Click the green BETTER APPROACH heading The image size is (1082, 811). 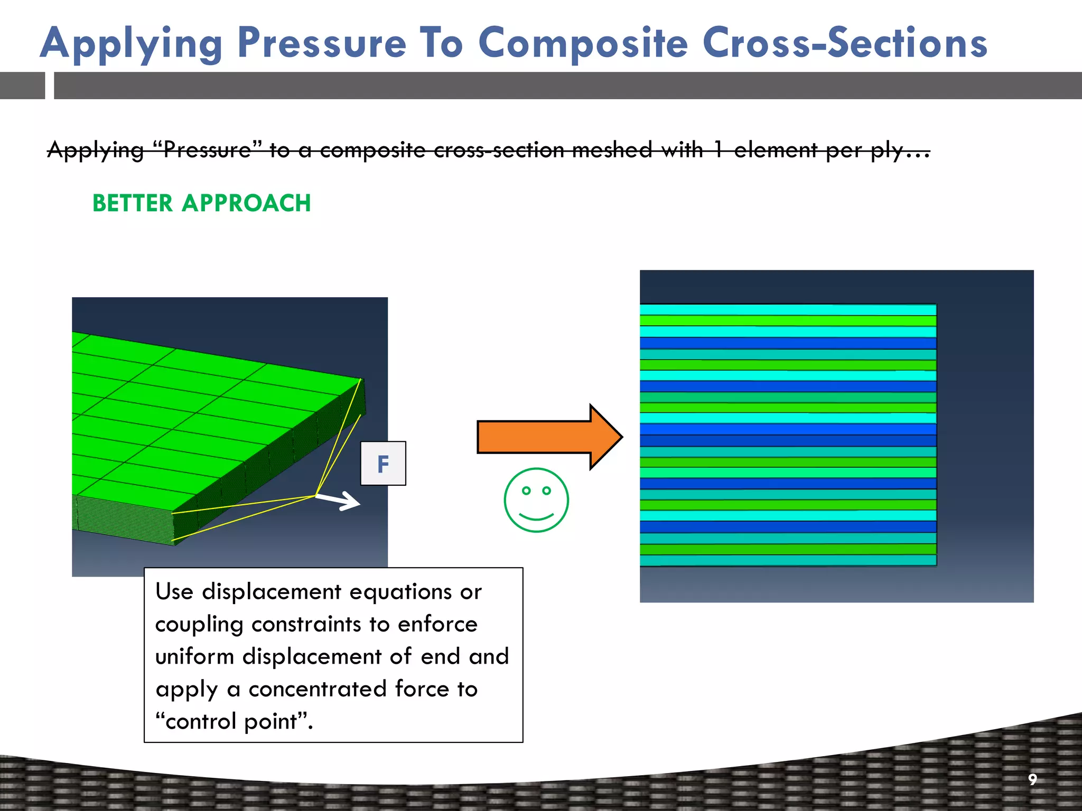tap(201, 203)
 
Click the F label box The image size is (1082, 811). tap(383, 464)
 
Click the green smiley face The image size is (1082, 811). tap(536, 500)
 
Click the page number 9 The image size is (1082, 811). tap(1032, 779)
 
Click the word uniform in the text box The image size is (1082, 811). tap(194, 657)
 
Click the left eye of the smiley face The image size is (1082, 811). tap(526, 491)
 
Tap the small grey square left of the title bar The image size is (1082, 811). tap(22, 86)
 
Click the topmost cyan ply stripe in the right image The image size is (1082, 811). tap(787, 310)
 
